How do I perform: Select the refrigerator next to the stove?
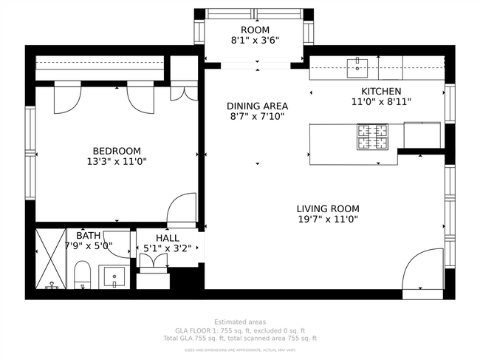pos(422,135)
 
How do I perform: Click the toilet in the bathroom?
pos(82,275)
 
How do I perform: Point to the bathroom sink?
pos(114,276)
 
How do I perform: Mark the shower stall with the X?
pos(50,258)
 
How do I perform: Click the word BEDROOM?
pos(117,149)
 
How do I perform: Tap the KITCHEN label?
pos(380,91)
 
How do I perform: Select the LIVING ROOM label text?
pos(327,208)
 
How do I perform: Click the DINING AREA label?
pos(257,106)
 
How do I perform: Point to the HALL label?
pos(167,238)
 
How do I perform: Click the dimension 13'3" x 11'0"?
pos(117,160)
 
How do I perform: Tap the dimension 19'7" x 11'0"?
pos(327,220)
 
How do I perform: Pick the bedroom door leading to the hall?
pos(182,210)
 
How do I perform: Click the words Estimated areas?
pos(239,322)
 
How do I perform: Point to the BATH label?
pos(89,235)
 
